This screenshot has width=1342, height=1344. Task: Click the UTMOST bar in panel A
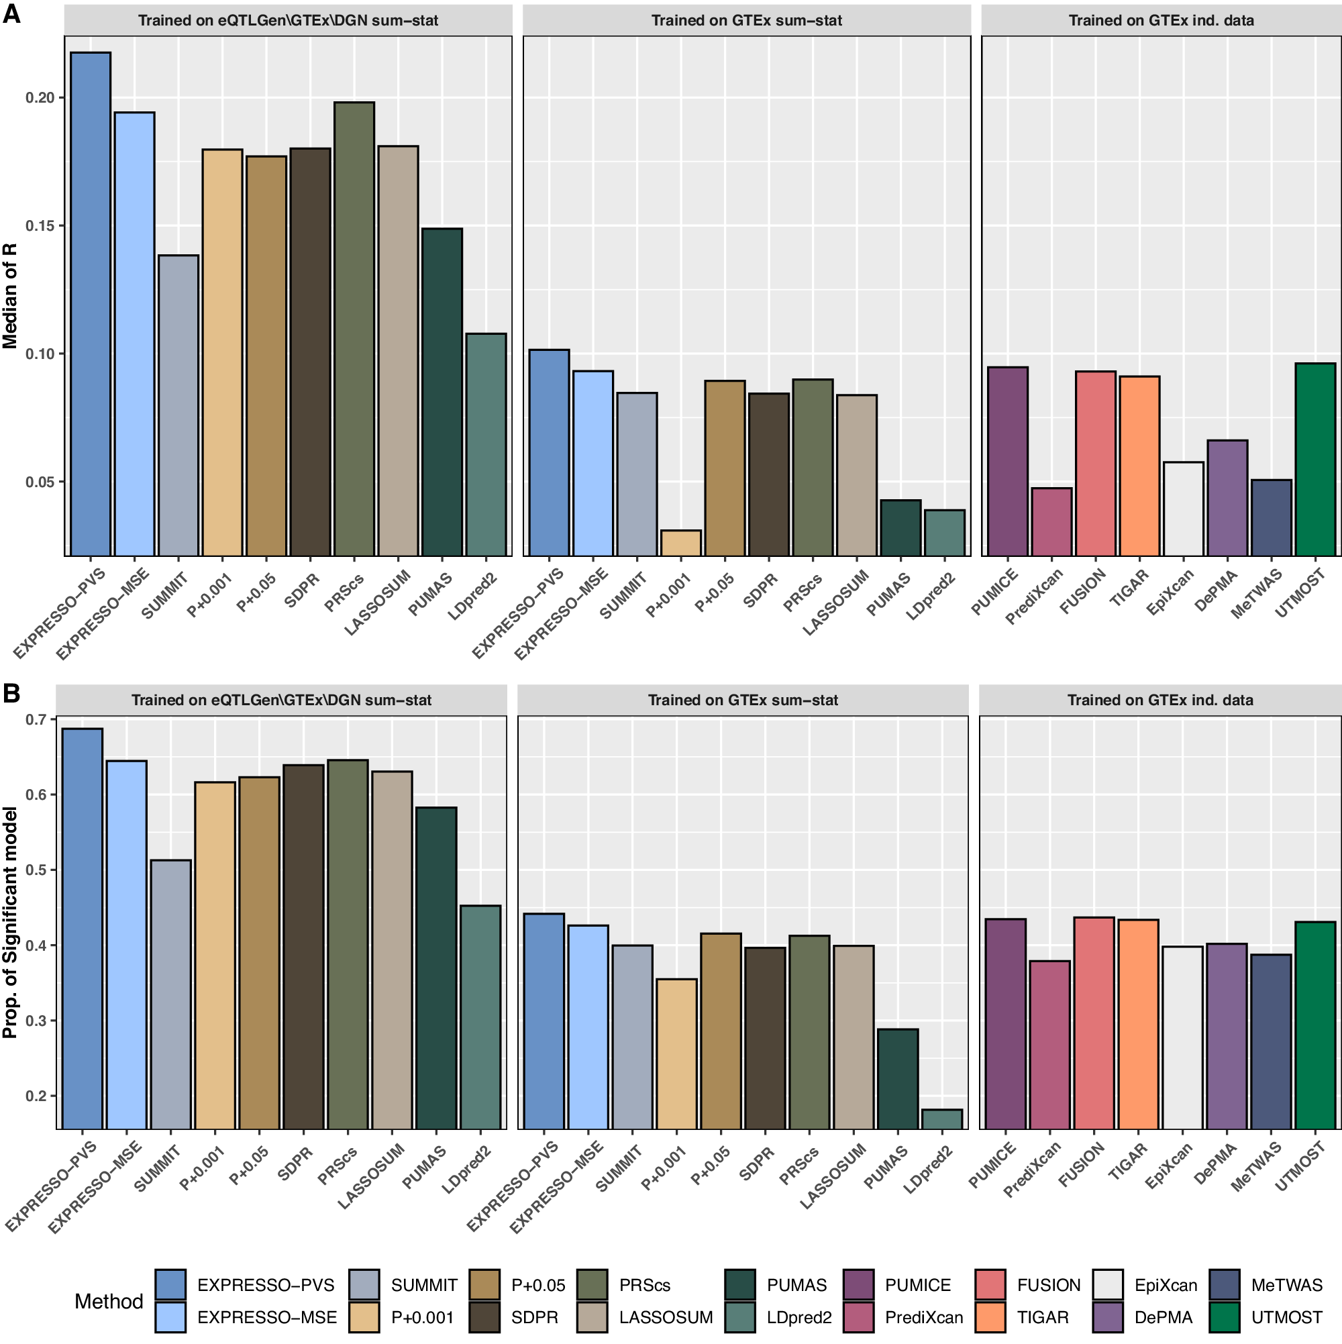1314,459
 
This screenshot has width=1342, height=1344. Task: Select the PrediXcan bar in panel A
1051,522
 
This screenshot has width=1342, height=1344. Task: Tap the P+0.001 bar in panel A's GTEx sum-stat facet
680,543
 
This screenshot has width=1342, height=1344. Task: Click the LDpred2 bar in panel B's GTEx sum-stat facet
941,1118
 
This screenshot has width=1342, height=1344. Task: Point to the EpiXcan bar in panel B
1183,1037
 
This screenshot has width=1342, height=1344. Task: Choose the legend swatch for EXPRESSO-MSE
170,1317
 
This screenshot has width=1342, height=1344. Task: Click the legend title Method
109,1301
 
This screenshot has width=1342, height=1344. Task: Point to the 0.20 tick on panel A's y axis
40,97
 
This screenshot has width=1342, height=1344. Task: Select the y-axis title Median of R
10,296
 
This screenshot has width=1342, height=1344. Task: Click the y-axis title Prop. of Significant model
10,922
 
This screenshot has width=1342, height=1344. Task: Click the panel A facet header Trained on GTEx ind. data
1160,20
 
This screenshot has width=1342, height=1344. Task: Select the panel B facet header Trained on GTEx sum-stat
742,700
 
